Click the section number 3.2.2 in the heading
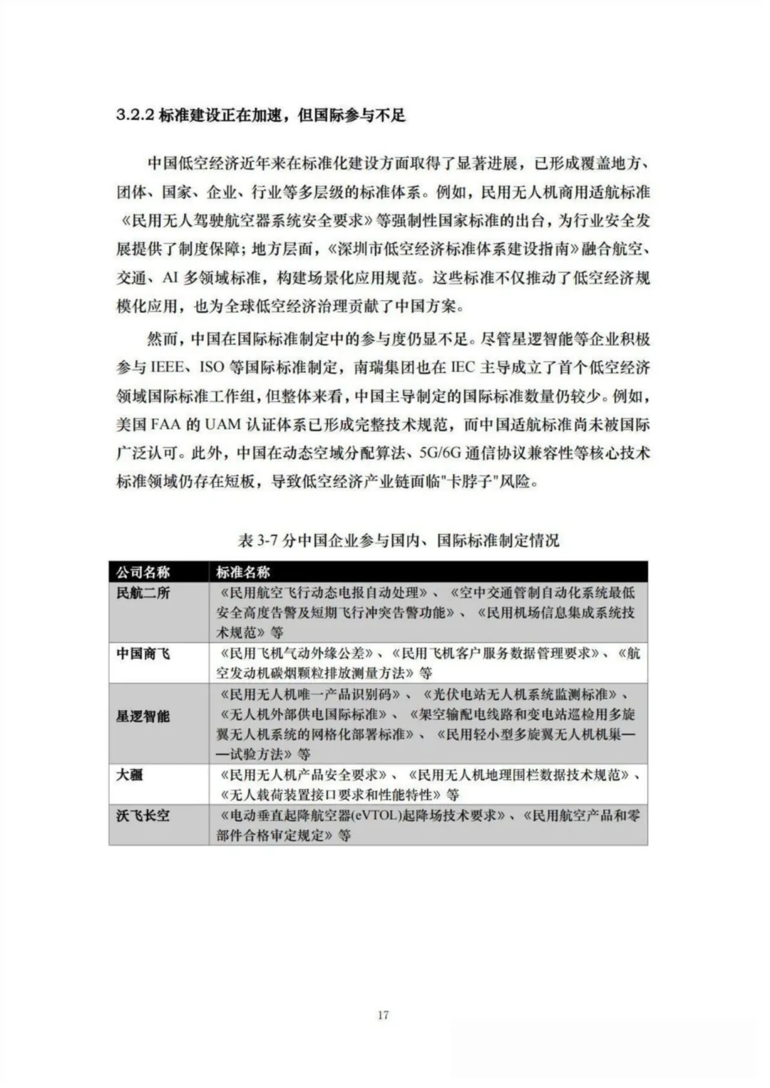135,116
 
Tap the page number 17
384,1015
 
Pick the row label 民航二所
143,592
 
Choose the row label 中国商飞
143,653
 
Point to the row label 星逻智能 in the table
143,716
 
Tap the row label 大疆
130,774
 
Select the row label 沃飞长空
143,814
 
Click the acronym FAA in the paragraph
168,425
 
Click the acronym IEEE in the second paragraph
167,368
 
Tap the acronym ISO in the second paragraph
212,368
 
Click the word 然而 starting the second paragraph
159,339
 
